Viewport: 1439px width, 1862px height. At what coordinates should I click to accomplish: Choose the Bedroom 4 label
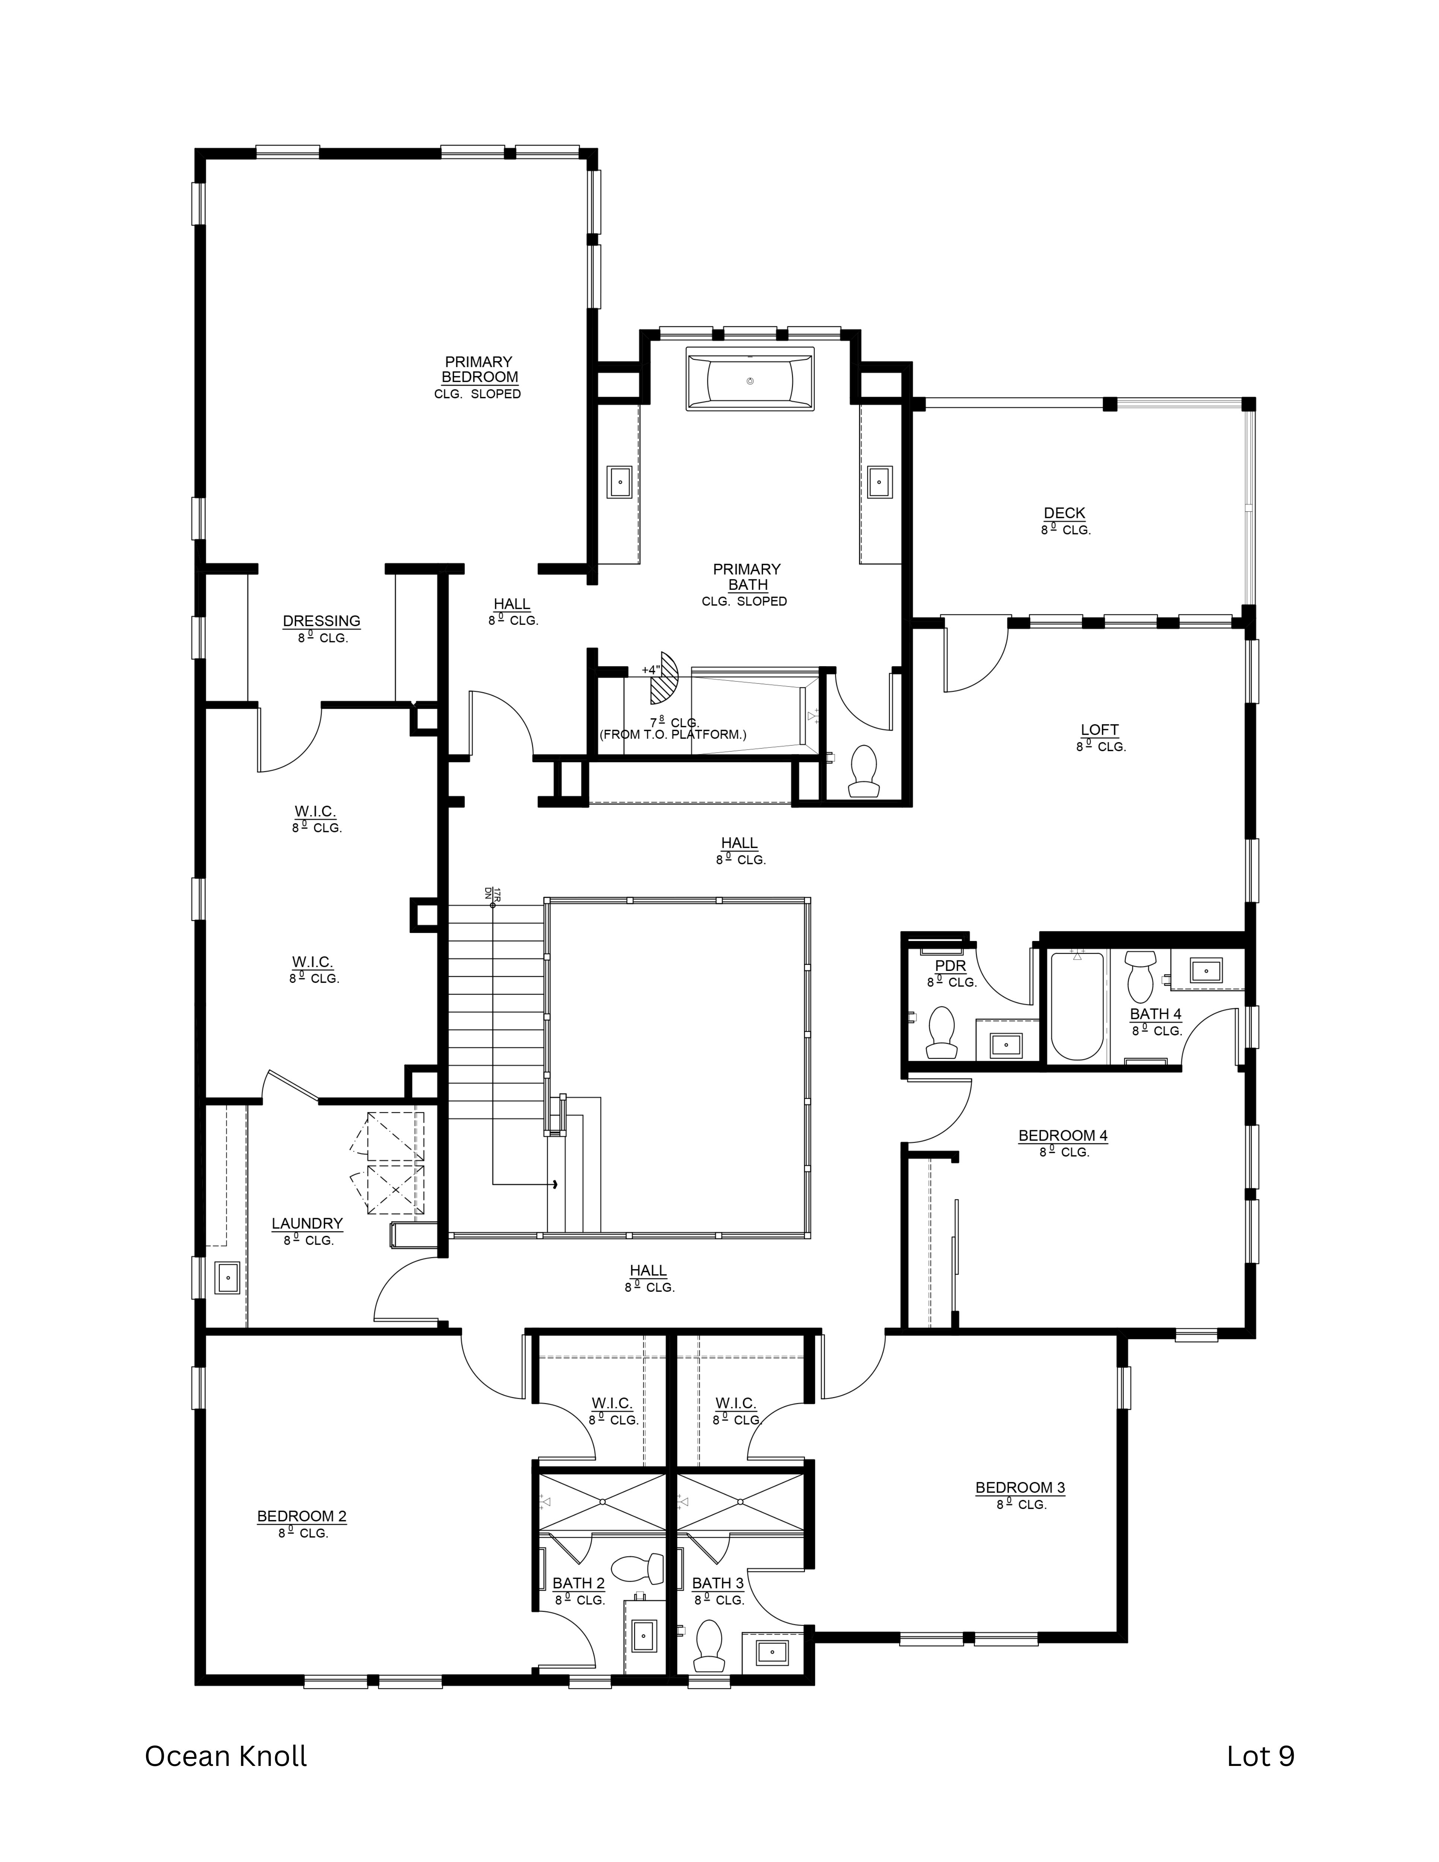1062,1135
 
